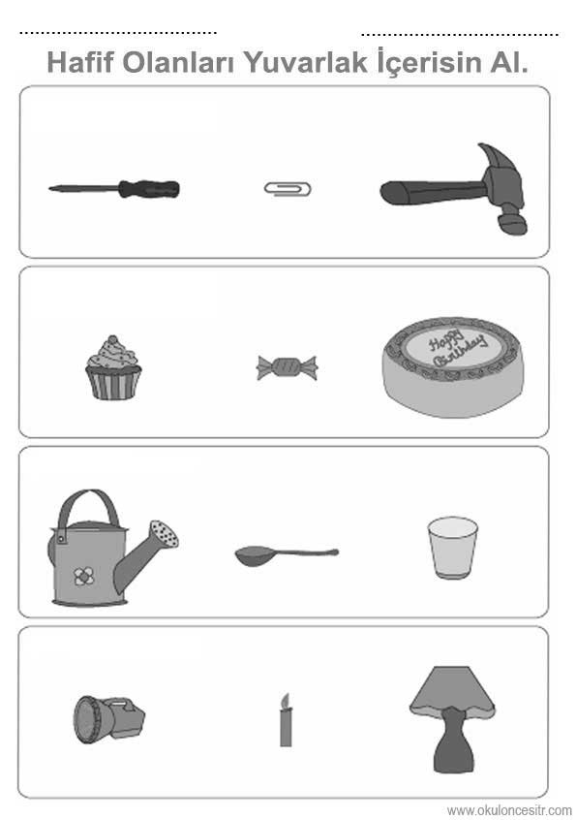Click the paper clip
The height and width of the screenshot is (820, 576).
(x=288, y=188)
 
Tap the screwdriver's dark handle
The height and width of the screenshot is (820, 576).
(x=149, y=189)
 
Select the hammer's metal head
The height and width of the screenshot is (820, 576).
(x=502, y=187)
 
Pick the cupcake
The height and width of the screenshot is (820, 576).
(x=113, y=368)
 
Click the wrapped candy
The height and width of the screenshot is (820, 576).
(x=287, y=367)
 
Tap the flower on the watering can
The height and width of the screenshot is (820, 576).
(x=83, y=577)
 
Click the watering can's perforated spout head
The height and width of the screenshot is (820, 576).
(x=164, y=533)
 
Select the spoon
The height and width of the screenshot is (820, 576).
(x=287, y=554)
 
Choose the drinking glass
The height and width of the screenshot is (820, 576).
(x=452, y=548)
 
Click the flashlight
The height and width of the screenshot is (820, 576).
(x=108, y=719)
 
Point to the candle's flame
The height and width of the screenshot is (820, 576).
(x=286, y=701)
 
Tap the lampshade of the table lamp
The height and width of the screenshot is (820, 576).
(x=452, y=691)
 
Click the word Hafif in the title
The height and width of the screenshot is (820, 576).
(x=80, y=62)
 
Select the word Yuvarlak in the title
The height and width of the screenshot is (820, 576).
(x=306, y=62)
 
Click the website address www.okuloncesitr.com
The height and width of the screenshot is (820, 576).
(x=509, y=810)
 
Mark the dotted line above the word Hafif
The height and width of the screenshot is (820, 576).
(x=118, y=33)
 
